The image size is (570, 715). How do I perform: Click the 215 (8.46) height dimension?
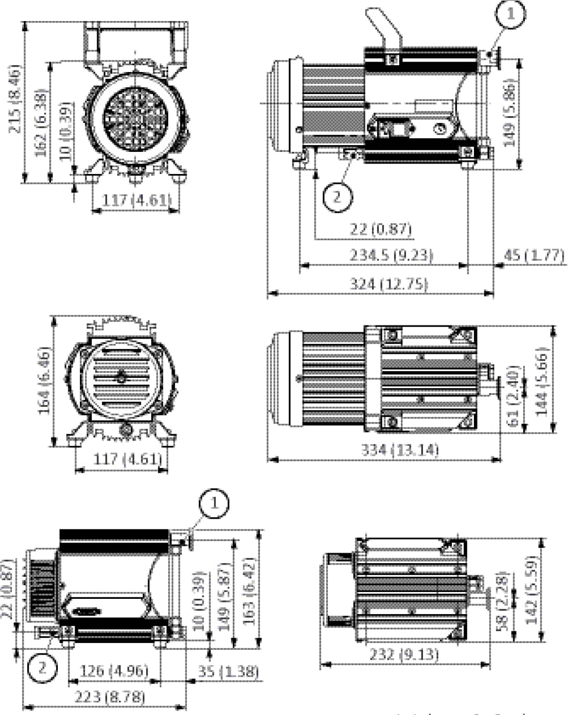point(15,99)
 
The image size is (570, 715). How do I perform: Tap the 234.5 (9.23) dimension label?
point(391,256)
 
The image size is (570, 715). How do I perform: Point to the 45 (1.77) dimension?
point(534,256)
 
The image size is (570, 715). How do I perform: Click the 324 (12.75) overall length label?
point(389,284)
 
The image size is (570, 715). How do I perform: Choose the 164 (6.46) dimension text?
point(45,380)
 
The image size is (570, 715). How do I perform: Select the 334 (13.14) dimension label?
point(399,450)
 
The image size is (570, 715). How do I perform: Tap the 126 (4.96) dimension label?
point(114,671)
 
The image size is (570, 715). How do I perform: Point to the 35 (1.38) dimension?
point(228,671)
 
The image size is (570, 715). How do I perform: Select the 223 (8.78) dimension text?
point(109,697)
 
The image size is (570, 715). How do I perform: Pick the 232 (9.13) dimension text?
point(403,655)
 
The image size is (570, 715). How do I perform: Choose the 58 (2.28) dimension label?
point(502,601)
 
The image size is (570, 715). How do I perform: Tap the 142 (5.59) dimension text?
point(532,590)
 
